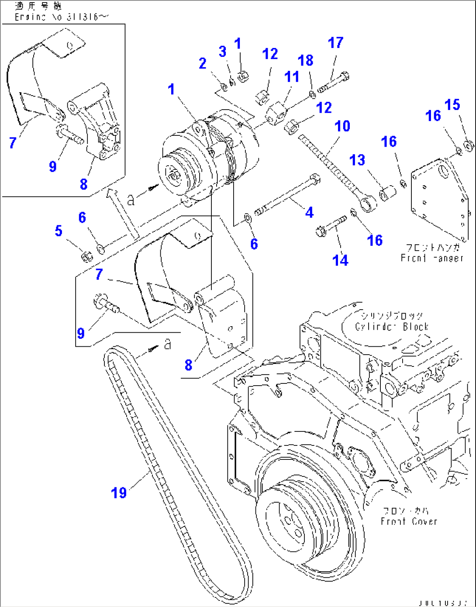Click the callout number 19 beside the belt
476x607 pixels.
[x=119, y=493]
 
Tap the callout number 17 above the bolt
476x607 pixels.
[x=335, y=43]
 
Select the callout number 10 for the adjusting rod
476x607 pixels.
[x=342, y=126]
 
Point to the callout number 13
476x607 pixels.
[x=357, y=160]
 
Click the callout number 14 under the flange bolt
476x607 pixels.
[x=340, y=260]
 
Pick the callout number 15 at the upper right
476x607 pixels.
[x=452, y=105]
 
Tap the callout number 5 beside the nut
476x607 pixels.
[x=59, y=231]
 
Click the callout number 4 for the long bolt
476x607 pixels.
[x=309, y=213]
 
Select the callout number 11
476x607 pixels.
[x=292, y=77]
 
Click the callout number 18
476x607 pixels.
[x=306, y=60]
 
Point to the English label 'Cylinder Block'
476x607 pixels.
[x=392, y=327]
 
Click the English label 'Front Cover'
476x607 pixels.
[x=409, y=521]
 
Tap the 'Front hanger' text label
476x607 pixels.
[x=431, y=258]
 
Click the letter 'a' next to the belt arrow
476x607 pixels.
[x=167, y=345]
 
